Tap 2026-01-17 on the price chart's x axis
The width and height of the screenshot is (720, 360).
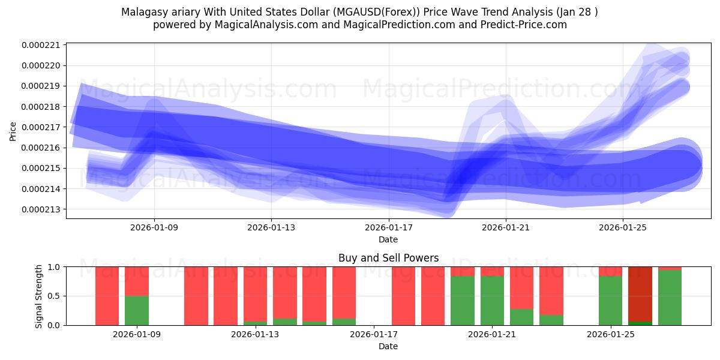point(388,227)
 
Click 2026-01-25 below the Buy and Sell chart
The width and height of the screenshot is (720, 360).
point(611,334)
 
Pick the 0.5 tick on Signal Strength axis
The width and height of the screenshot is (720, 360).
point(55,296)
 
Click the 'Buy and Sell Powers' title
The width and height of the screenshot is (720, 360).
point(388,258)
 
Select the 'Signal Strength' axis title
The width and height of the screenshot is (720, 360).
point(39,296)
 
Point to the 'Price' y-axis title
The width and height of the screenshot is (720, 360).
point(13,130)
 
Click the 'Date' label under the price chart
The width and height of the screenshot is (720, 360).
point(388,239)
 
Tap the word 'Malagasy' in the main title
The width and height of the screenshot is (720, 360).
point(141,12)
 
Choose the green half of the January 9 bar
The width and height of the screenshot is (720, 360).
point(137,310)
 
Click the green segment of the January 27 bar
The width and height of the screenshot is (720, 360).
point(670,297)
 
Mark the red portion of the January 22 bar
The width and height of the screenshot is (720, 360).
point(522,287)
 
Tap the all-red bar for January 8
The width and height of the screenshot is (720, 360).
point(107,296)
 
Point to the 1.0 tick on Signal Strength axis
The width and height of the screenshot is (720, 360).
point(55,267)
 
